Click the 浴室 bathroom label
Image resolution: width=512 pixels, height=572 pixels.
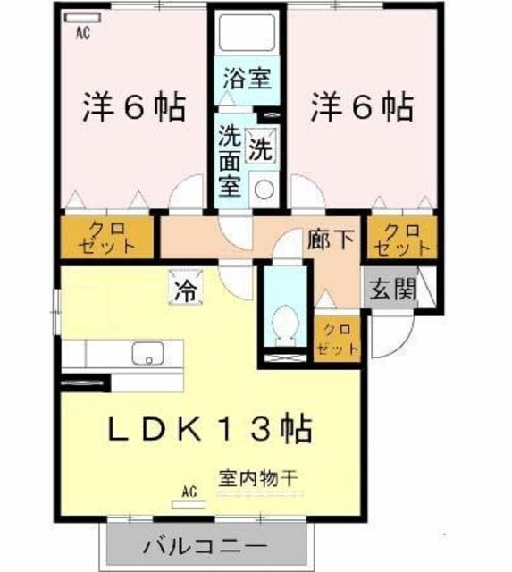247,79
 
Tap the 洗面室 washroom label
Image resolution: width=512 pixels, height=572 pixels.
231,162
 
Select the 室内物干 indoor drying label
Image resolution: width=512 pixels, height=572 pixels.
259,475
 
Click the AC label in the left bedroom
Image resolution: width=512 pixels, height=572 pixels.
81,34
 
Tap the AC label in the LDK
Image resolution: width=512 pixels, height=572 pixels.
189,492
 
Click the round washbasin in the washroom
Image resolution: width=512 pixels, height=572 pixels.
263,189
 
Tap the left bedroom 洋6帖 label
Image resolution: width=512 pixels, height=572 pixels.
135,109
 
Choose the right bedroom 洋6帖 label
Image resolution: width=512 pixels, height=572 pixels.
362,109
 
